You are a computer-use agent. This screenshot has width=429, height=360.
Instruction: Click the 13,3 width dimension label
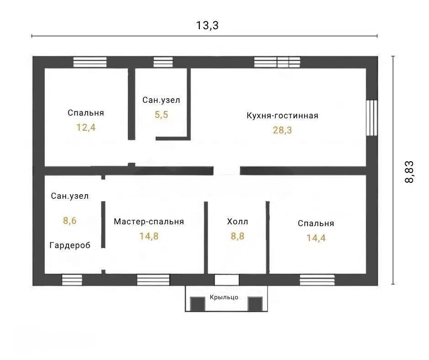coord(207,26)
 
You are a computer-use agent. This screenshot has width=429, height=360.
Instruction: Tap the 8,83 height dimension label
coord(409,172)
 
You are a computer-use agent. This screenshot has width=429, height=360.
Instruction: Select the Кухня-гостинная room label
coord(283,116)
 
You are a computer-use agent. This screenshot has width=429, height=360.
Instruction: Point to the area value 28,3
coord(283,130)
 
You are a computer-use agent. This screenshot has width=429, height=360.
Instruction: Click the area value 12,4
coord(86,127)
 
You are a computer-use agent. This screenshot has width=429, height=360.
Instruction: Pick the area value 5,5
coord(162,115)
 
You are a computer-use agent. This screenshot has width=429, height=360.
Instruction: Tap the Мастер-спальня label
coord(149,222)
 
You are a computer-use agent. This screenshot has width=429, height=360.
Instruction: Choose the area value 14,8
coord(149,236)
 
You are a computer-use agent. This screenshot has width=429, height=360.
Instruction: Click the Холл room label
coord(237,222)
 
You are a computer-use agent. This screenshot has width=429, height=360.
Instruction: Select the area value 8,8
coord(237,236)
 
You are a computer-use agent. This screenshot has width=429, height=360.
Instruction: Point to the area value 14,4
coord(316,238)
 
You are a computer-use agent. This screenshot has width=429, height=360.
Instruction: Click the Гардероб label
coord(70,245)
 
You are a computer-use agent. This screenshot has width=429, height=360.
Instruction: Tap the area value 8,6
coord(70,221)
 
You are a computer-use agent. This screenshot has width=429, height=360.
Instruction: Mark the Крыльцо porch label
coord(224,297)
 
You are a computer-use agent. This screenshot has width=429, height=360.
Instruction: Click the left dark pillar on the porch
coord(198,304)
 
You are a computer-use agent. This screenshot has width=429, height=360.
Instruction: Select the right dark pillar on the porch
coord(255,304)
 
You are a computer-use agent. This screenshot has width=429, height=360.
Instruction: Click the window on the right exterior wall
coord(372,117)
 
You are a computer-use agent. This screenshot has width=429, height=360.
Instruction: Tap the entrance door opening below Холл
coord(226,280)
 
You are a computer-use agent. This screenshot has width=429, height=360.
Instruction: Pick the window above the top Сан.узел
coord(163,62)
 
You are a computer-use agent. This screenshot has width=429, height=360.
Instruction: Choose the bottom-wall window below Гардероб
coord(72,280)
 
